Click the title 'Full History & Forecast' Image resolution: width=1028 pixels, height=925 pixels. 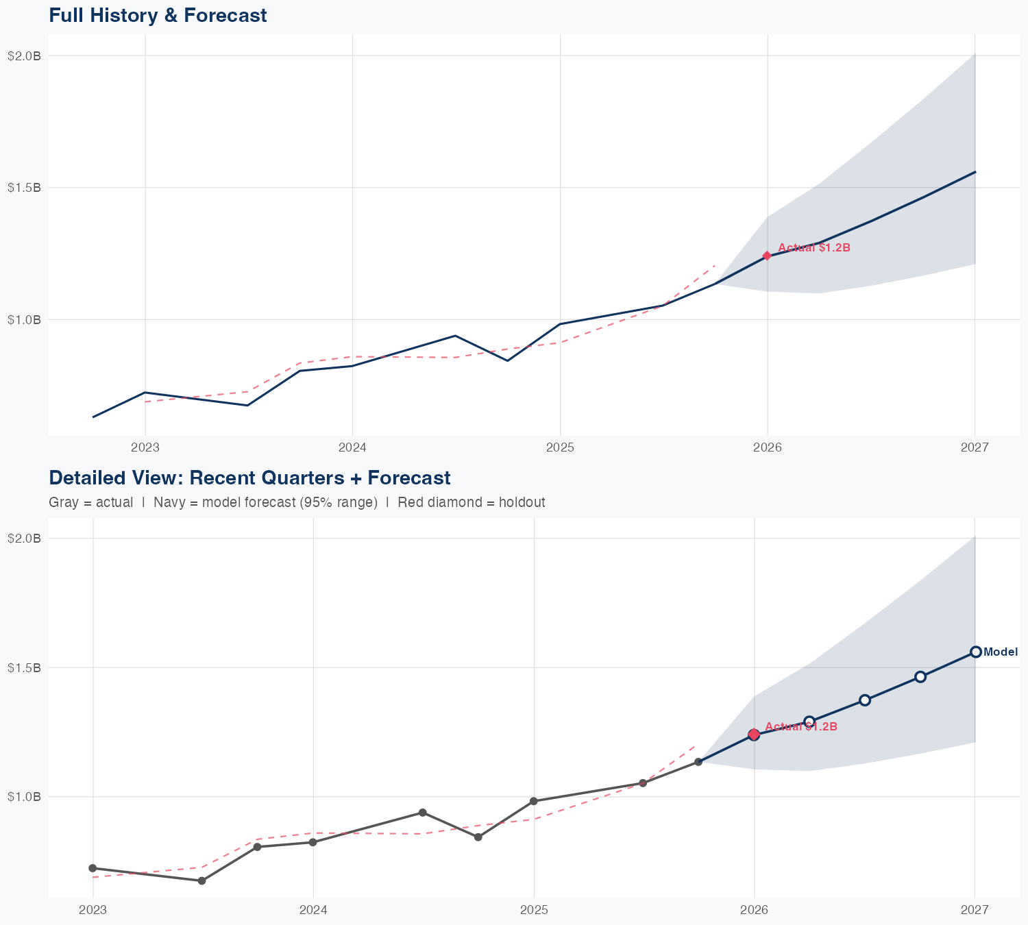click(158, 15)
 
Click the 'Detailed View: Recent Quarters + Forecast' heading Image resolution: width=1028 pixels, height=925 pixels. click(249, 478)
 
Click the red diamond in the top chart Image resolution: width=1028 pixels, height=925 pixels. click(767, 256)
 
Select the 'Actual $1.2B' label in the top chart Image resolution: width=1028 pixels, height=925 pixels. click(813, 248)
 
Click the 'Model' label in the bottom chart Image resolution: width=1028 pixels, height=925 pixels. click(1000, 652)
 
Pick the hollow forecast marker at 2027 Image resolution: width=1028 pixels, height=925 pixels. click(975, 652)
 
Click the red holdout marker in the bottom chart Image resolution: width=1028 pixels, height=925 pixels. click(754, 735)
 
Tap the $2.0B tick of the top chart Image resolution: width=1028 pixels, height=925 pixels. click(25, 56)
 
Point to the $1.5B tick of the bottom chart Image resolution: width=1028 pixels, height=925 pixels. click(25, 667)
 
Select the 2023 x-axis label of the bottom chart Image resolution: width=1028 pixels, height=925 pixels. click(93, 910)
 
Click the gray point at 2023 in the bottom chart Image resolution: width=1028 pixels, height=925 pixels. click(93, 868)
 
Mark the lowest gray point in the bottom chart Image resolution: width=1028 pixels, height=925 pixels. click(201, 880)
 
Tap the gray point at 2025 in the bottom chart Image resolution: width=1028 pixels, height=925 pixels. click(533, 801)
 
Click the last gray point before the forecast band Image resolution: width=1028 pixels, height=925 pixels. click(698, 762)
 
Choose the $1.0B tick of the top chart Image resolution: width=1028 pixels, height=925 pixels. click(25, 319)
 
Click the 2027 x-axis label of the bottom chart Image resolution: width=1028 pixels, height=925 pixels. click(974, 910)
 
